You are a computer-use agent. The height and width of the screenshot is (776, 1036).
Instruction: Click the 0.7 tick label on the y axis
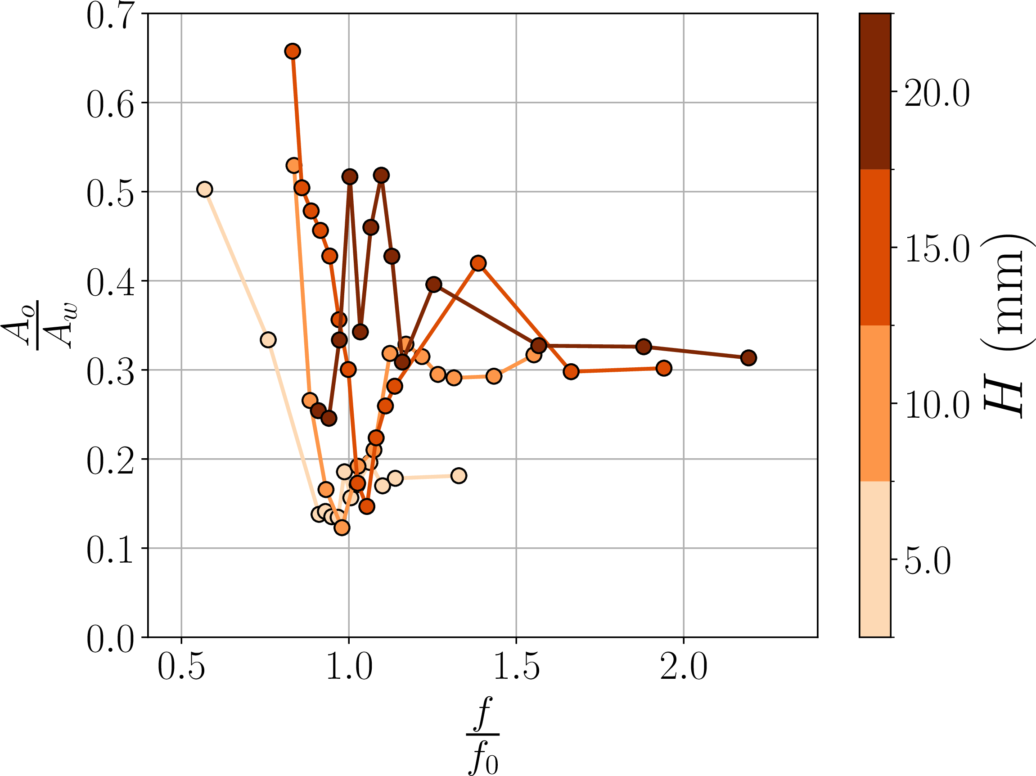(111, 16)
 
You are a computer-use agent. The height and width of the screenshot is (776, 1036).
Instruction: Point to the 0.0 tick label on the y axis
(111, 640)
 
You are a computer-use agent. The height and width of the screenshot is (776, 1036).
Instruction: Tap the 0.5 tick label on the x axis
(181, 667)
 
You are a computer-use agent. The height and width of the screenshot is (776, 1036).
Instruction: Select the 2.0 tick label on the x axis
(684, 667)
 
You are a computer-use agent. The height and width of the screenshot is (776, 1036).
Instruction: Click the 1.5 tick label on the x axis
(516, 667)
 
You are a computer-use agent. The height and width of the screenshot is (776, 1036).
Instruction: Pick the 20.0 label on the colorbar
(937, 94)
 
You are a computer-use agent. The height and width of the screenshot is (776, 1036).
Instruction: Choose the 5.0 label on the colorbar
(928, 561)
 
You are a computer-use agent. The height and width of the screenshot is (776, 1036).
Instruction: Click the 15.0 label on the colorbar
(937, 250)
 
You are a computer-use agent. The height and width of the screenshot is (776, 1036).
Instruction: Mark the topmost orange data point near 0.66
(293, 51)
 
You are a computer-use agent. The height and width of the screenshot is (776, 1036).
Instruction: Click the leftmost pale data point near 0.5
(205, 189)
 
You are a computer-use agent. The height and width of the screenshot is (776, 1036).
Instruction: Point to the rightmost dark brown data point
(748, 358)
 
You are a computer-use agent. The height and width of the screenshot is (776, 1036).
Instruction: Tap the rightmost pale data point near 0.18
(459, 476)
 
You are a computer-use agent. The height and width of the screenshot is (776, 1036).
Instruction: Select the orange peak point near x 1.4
(478, 263)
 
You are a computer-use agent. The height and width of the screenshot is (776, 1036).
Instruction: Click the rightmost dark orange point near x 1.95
(664, 368)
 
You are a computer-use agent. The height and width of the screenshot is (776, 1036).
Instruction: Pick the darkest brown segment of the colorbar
(875, 91)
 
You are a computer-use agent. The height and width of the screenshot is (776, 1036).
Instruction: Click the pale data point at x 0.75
(268, 339)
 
